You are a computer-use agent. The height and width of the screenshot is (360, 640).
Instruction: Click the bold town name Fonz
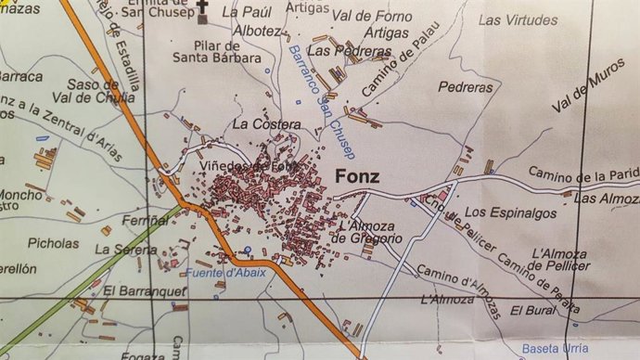[357, 178]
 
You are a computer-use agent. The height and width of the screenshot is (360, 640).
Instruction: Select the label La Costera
[267, 123]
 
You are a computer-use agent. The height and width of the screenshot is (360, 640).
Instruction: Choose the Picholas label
[54, 244]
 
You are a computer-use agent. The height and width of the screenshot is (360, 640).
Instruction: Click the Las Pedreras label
[337, 50]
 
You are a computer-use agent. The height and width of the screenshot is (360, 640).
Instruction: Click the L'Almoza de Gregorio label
[368, 232]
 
